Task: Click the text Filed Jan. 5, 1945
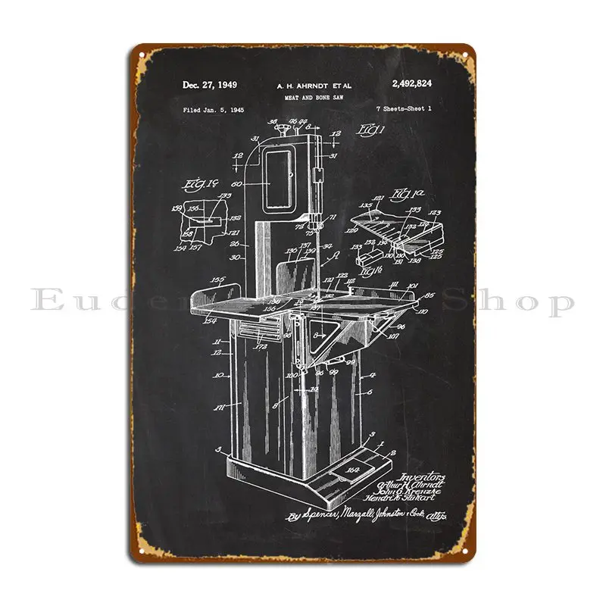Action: pyautogui.click(x=213, y=111)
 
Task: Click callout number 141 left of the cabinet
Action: pyautogui.click(x=220, y=408)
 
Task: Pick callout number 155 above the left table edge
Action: pyautogui.click(x=220, y=280)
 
